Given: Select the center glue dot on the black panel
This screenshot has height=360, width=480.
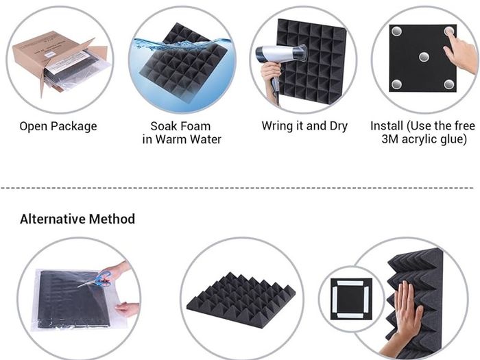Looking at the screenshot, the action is pyautogui.click(x=424, y=57).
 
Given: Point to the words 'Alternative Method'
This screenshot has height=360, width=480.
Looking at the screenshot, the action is pyautogui.click(x=77, y=219).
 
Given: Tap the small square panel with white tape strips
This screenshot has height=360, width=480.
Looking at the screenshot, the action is pyautogui.click(x=351, y=299).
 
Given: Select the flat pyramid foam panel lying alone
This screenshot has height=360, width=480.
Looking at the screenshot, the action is pyautogui.click(x=241, y=300).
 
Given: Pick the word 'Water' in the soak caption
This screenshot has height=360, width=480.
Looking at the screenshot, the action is pyautogui.click(x=206, y=139).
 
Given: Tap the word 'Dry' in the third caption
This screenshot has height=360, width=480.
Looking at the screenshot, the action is pyautogui.click(x=339, y=126).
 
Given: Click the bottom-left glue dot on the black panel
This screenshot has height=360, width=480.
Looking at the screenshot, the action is pyautogui.click(x=397, y=84).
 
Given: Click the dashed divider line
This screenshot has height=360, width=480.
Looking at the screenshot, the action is pyautogui.click(x=237, y=187).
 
